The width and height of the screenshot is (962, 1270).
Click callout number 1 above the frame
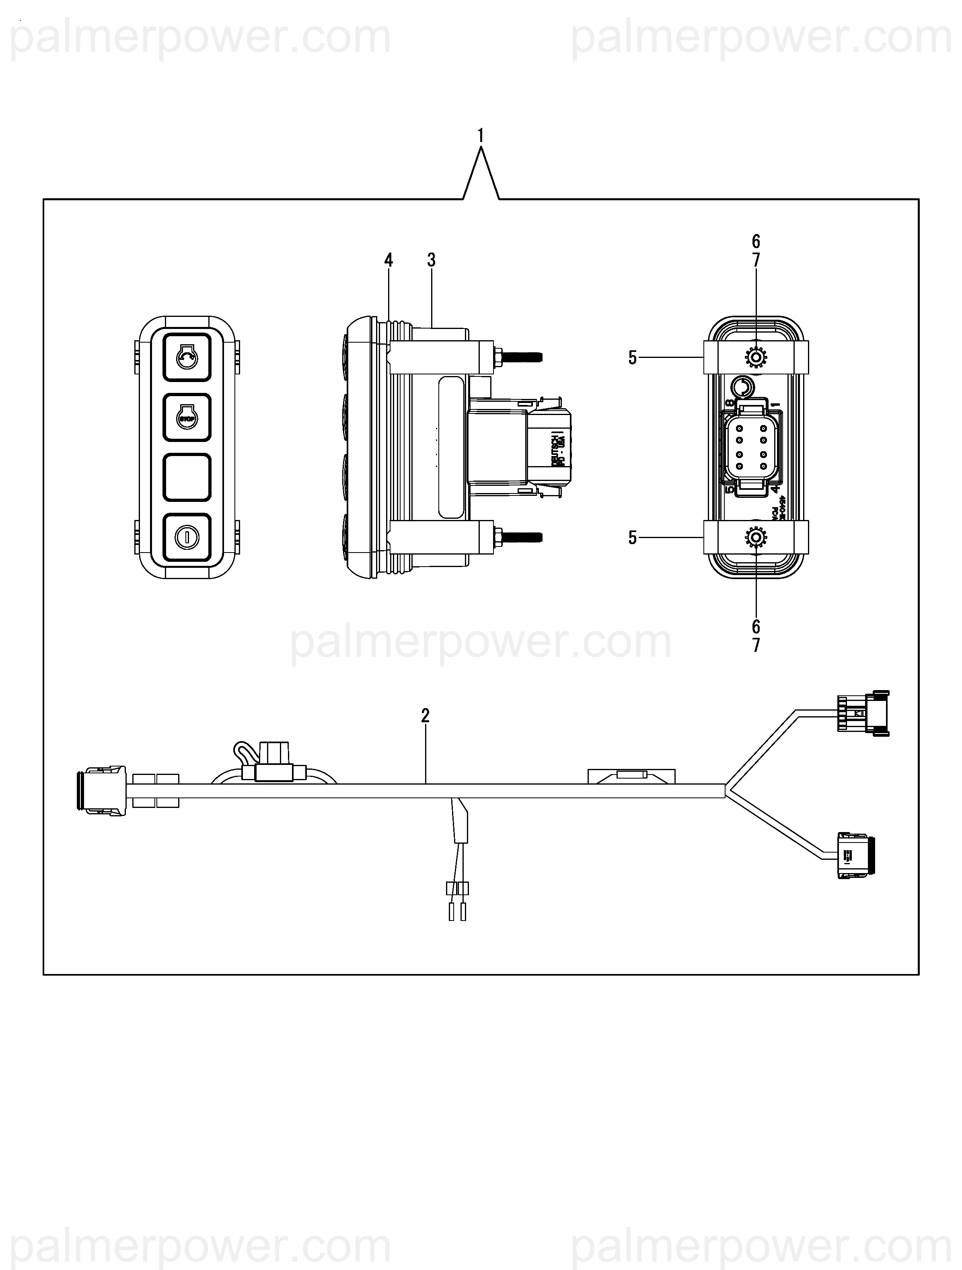[480, 136]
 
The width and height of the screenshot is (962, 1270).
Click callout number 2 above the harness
[425, 715]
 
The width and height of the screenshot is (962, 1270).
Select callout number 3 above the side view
[431, 260]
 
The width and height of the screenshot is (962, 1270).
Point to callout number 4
[389, 260]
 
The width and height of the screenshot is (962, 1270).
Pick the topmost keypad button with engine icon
[187, 358]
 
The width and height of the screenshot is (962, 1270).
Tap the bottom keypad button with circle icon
[187, 537]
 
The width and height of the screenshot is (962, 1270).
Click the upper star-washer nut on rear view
[756, 358]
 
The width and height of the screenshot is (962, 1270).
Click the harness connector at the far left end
[101, 790]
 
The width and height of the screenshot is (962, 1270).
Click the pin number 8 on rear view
[730, 404]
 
